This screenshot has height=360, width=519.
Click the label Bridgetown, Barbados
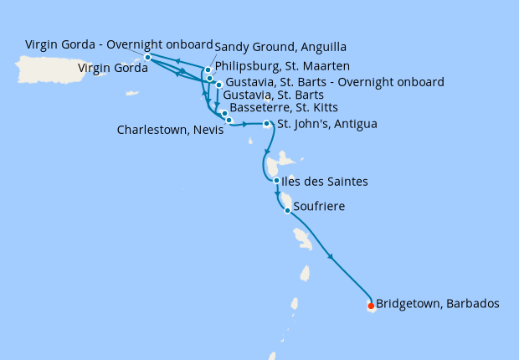pos(438,304)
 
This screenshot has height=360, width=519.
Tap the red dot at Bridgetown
pos(371,306)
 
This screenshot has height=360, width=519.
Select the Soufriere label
pos(318,205)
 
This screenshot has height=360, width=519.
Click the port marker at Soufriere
pos(288,211)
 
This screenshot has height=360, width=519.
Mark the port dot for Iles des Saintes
pos(276,180)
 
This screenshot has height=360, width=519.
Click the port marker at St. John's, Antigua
pos(267,124)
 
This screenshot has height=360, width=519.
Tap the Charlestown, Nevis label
pos(170,130)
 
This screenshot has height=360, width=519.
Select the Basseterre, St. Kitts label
pos(285,109)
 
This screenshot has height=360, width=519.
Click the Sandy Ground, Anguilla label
pos(280,47)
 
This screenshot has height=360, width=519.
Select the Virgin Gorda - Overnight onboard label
pos(119,44)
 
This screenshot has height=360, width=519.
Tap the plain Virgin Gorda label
pos(112,68)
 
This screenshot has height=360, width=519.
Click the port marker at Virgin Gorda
pos(147,57)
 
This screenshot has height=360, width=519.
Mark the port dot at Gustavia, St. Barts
pos(218,85)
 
